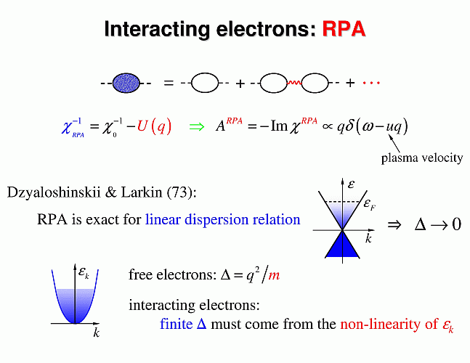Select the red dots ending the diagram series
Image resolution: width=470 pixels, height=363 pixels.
pos(371,82)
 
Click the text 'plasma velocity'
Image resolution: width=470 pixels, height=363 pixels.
pos(421,158)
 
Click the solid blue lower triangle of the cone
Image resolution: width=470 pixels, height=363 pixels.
pos(345,245)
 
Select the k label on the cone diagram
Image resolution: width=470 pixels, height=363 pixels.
pos(369,238)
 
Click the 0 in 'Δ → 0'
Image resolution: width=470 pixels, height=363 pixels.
pos(455,224)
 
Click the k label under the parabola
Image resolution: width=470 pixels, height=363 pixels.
pos(96,333)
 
